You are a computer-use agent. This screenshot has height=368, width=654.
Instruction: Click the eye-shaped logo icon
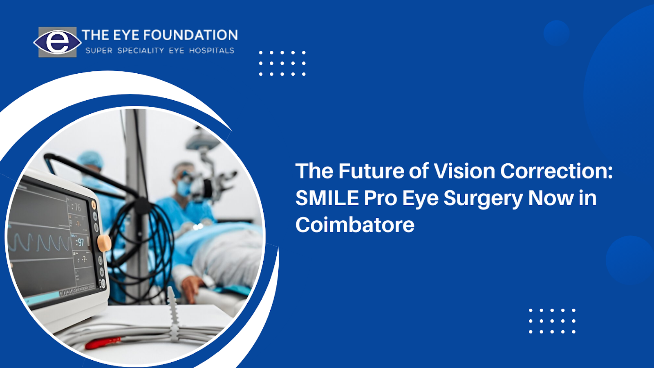(x=57, y=42)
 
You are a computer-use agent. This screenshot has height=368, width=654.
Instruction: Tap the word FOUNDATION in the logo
(x=190, y=35)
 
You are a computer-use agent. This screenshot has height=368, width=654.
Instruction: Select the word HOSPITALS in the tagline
(x=212, y=51)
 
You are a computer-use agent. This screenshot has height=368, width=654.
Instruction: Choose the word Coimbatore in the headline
(x=355, y=225)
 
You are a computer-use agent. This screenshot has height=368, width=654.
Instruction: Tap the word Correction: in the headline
(x=556, y=171)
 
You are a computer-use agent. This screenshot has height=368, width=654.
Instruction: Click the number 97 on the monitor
(x=80, y=242)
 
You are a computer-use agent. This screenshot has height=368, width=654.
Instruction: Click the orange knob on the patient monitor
(x=104, y=243)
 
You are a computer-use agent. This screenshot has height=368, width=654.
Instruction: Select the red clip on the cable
(x=103, y=343)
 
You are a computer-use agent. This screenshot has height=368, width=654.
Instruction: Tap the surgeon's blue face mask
(x=184, y=187)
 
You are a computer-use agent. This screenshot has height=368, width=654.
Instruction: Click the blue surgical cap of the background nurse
(x=90, y=159)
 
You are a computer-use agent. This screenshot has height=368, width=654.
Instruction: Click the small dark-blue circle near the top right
(x=556, y=33)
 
